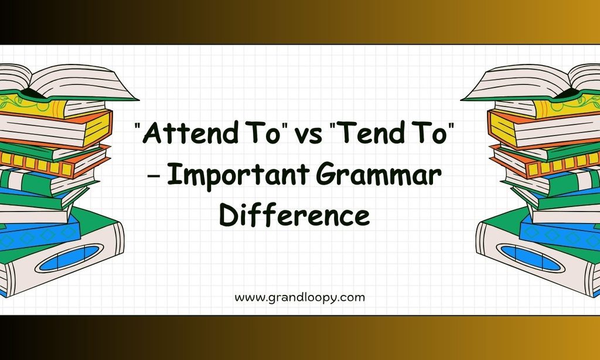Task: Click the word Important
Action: pyautogui.click(x=238, y=175)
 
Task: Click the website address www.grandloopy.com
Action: pyautogui.click(x=299, y=298)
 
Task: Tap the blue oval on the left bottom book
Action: pyautogui.click(x=69, y=258)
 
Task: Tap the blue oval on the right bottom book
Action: pyautogui.click(x=530, y=258)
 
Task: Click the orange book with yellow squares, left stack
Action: pyautogui.click(x=54, y=162)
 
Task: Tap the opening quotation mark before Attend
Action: pyautogui.click(x=138, y=127)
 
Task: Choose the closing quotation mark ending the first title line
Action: pyautogui.click(x=452, y=127)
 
